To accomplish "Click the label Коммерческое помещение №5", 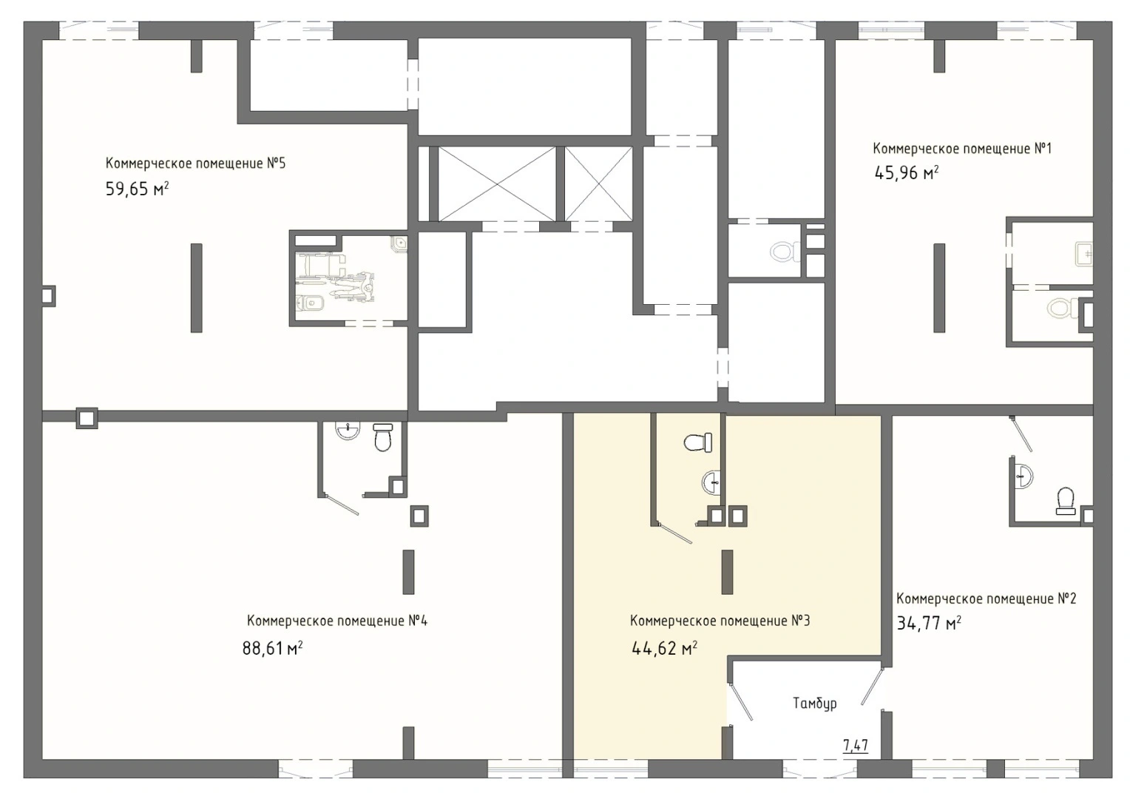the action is (x=195, y=163).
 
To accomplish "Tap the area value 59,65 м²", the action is (x=137, y=189).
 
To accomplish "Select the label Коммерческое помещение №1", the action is (x=962, y=149).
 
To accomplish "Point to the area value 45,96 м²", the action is (x=906, y=173).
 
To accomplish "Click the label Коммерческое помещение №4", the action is (x=337, y=621).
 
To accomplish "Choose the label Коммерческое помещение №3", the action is (x=720, y=621).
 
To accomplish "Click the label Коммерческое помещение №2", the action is (x=987, y=599).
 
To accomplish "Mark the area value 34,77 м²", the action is (x=928, y=624).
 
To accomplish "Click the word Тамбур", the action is (x=815, y=703).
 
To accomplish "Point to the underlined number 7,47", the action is (x=856, y=746).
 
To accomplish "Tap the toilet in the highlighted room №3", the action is (x=698, y=442).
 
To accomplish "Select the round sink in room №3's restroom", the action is (x=711, y=482).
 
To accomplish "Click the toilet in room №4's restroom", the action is (x=383, y=437).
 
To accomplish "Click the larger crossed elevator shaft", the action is (x=497, y=183).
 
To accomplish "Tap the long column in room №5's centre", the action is (x=196, y=289).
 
